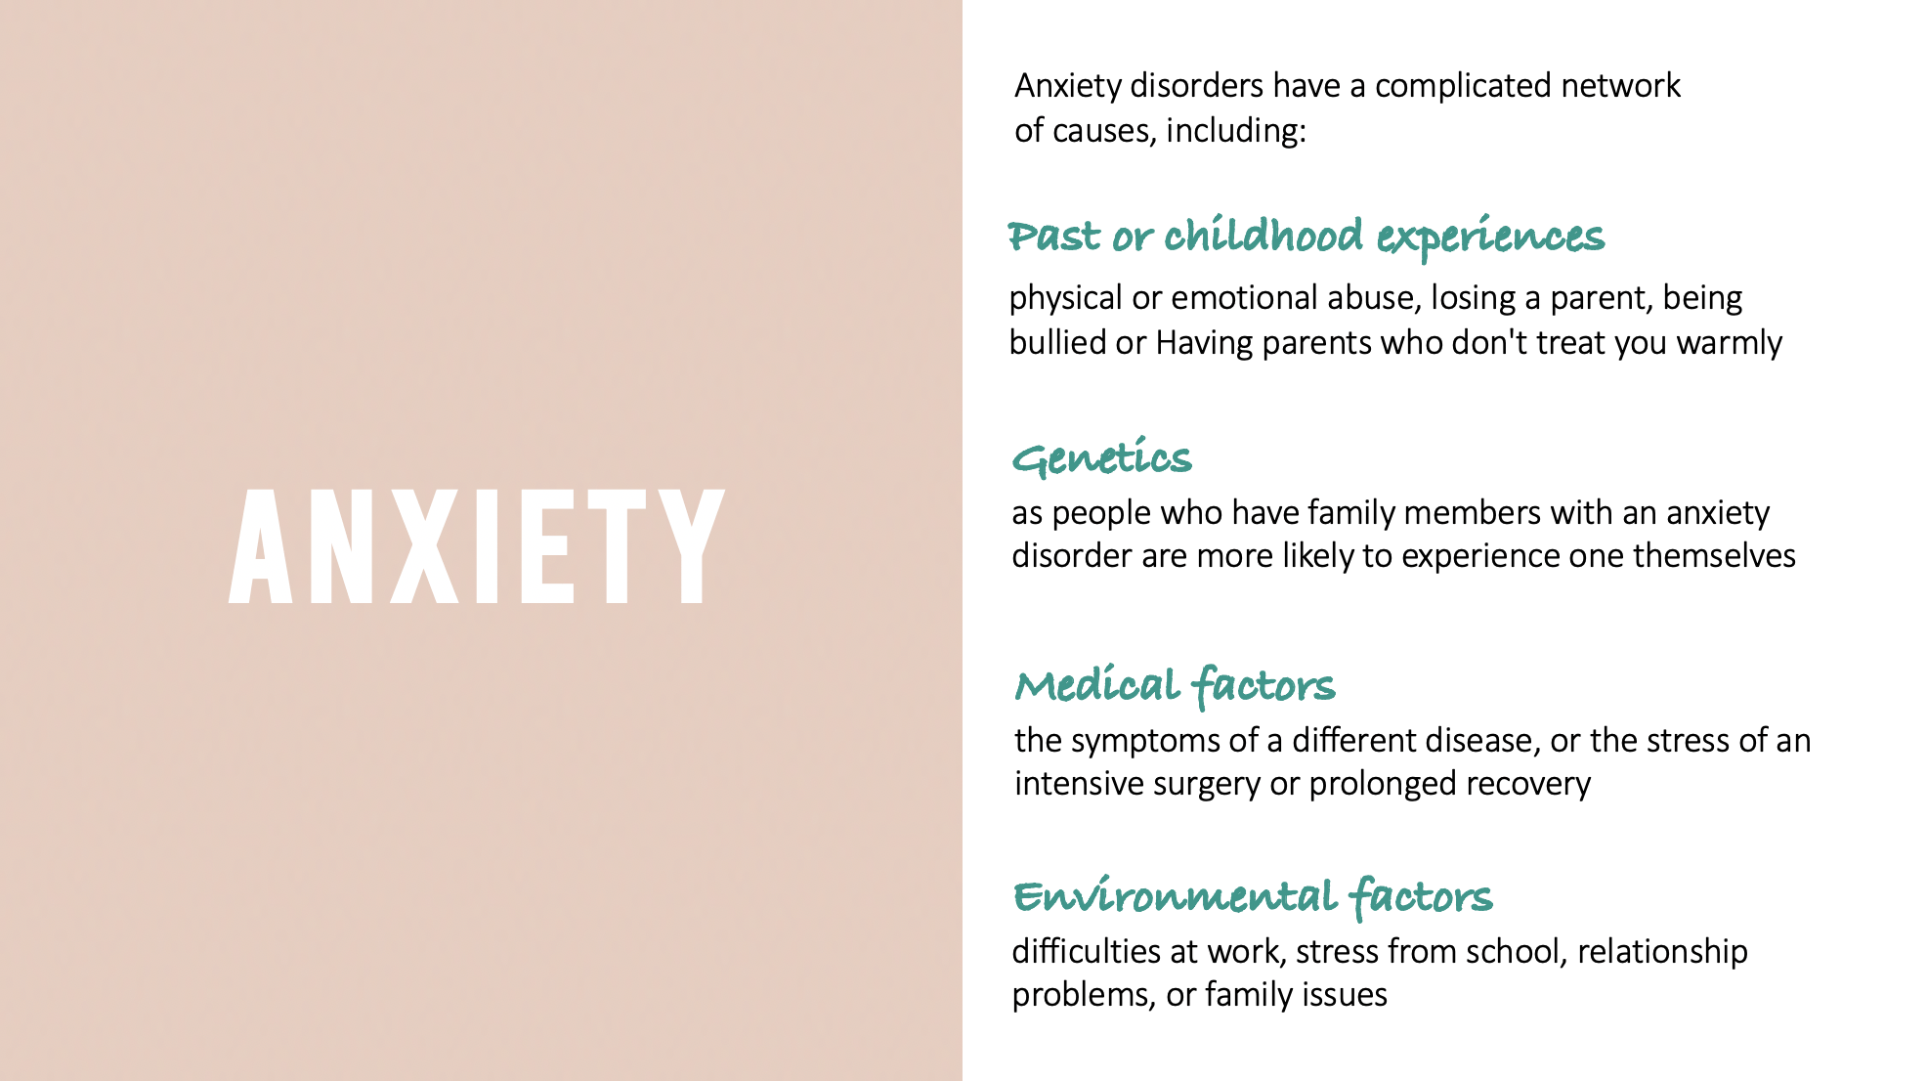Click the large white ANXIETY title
click(x=477, y=545)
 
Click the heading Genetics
click(x=1102, y=457)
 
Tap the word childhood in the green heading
click(x=1263, y=236)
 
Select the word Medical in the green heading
click(x=1097, y=684)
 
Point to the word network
click(x=1620, y=86)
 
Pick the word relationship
click(x=1662, y=952)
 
